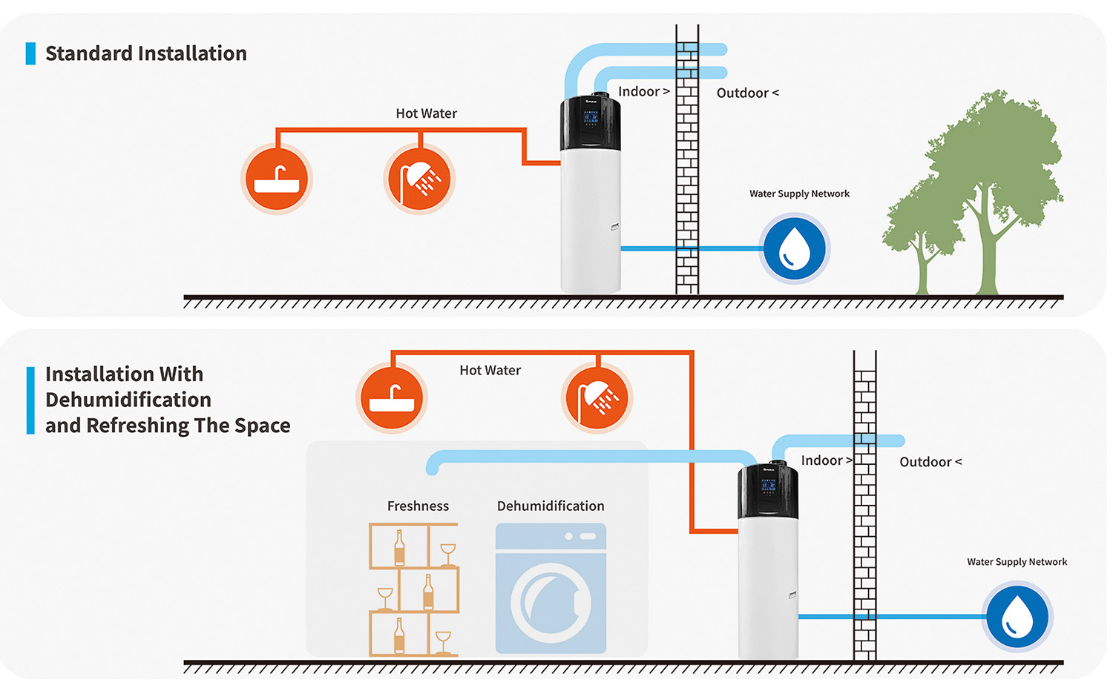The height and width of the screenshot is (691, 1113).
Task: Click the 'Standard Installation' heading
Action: click(145, 53)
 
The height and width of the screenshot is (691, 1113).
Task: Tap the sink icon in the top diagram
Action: click(276, 179)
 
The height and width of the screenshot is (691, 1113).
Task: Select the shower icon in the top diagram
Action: click(419, 179)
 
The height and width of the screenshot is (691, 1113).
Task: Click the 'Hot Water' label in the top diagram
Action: click(426, 113)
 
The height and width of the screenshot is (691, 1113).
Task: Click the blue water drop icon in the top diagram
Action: click(795, 248)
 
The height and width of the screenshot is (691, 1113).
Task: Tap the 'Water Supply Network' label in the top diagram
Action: click(799, 194)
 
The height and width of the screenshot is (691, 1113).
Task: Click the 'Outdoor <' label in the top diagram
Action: click(747, 93)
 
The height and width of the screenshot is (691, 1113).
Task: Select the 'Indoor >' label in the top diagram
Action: click(643, 91)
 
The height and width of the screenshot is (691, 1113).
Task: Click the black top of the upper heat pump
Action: click(590, 122)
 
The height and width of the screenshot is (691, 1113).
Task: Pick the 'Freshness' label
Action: click(418, 506)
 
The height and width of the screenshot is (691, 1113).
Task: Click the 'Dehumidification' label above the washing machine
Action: click(551, 506)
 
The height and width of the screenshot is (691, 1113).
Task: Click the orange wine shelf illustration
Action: click(414, 589)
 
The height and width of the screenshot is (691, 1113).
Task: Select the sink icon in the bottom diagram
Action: click(391, 398)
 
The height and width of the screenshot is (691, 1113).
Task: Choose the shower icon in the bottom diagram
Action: click(597, 398)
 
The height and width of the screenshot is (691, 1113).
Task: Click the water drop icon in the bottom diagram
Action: click(1017, 616)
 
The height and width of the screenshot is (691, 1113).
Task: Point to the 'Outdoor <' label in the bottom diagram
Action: click(930, 462)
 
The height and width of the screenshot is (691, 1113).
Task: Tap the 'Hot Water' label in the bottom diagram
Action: click(490, 370)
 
